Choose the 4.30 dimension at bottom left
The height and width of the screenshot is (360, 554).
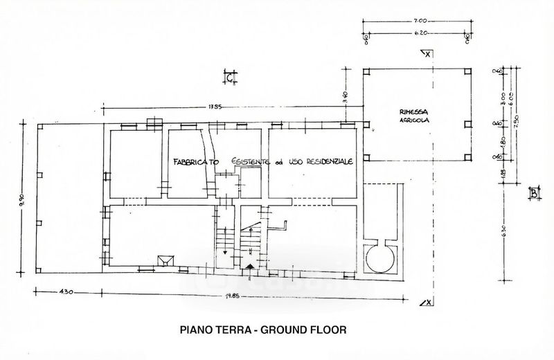click(66, 292)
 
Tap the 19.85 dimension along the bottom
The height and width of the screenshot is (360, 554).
click(222, 298)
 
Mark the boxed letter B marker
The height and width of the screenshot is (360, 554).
click(533, 193)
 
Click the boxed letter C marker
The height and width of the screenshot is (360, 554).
click(229, 78)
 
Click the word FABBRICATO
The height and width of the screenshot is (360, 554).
click(196, 161)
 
